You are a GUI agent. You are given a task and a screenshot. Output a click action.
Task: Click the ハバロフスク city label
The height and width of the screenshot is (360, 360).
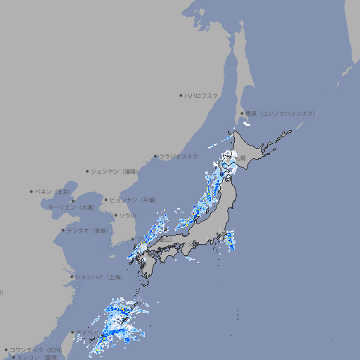[x=202, y=95]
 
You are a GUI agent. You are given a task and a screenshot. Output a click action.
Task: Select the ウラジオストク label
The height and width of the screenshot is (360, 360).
[x=179, y=156]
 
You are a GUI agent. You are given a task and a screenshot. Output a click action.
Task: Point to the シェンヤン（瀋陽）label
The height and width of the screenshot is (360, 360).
[x=115, y=171]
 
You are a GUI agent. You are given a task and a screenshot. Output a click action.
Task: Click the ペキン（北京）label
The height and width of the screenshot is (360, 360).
[x=53, y=191]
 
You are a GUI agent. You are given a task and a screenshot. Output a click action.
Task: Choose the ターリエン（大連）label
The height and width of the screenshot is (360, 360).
[x=71, y=207]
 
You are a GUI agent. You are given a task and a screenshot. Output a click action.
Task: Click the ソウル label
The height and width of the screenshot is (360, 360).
[x=127, y=215]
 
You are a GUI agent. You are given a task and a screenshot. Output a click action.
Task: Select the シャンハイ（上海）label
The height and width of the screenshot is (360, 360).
[x=99, y=277]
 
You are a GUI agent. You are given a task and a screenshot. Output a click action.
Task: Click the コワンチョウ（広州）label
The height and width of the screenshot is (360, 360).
[x=36, y=349]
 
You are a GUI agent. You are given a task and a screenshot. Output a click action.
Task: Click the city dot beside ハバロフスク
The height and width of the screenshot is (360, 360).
[x=181, y=95]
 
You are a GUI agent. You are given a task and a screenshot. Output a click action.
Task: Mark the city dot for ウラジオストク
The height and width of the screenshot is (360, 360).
[x=155, y=156]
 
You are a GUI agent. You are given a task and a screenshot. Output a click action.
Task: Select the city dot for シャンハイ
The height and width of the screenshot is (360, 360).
[x=72, y=277]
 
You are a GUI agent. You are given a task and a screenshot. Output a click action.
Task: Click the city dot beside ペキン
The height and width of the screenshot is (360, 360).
[x=32, y=191]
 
